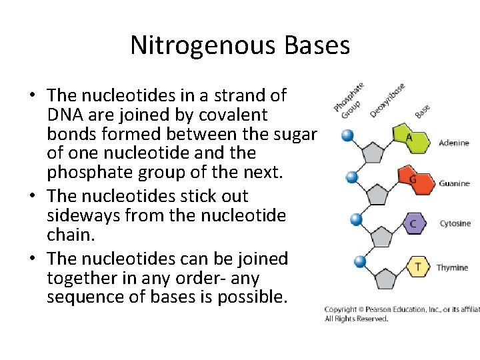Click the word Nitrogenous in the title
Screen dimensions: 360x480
coord(203,45)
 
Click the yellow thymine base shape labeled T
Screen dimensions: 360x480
coord(418,267)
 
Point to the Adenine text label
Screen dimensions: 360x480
coord(454,143)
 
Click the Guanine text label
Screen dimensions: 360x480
coord(454,183)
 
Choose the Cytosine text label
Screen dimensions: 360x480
coord(455,224)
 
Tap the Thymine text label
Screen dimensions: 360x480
coord(453,267)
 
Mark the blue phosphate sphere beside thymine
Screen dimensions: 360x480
coord(361,261)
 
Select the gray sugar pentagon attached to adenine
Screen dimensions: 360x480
coord(373,153)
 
